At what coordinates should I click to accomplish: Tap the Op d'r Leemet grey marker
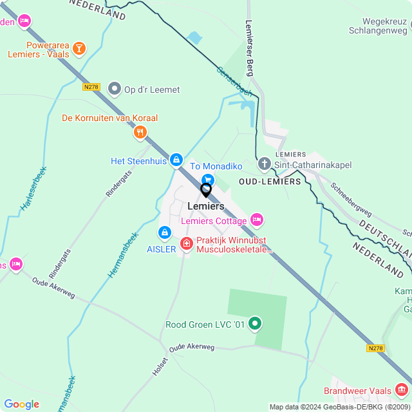115,89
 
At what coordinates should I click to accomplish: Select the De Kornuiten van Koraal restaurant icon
140,133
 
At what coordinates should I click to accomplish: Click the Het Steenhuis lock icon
176,159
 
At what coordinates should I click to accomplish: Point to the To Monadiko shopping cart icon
207,180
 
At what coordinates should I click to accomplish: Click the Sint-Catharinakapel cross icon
264,164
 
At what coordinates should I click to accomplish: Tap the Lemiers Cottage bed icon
257,220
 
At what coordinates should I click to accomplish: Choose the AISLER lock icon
164,232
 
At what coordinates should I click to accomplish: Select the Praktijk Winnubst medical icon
186,243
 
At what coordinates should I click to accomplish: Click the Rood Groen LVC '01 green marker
256,323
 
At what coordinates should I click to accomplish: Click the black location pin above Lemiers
206,191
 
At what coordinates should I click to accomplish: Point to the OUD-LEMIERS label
270,182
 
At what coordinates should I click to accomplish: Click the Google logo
21,404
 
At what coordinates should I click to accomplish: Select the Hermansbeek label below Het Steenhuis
123,255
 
